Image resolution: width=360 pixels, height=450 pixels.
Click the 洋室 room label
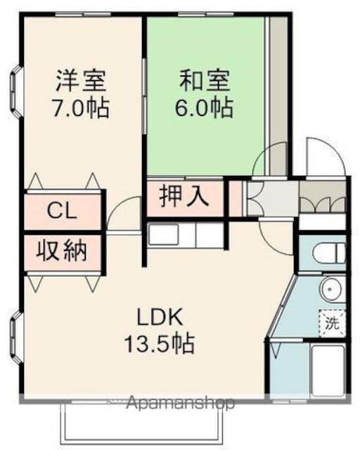(81, 81)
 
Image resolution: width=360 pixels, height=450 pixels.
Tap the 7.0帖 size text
(80, 108)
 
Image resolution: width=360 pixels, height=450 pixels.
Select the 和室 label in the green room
(205, 81)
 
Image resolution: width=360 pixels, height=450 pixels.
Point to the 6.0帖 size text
(203, 108)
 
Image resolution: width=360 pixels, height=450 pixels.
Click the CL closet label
(62, 211)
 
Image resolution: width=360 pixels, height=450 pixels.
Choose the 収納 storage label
(61, 250)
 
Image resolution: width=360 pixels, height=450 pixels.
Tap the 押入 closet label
(184, 196)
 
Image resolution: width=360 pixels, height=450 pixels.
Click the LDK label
(160, 316)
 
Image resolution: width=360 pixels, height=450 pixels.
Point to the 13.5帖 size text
(160, 343)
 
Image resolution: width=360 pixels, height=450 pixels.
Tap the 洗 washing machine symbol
(332, 323)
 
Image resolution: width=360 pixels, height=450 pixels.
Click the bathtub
(328, 371)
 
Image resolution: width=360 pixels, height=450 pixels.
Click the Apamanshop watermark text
(180, 404)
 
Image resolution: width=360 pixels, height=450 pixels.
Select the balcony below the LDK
(142, 423)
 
